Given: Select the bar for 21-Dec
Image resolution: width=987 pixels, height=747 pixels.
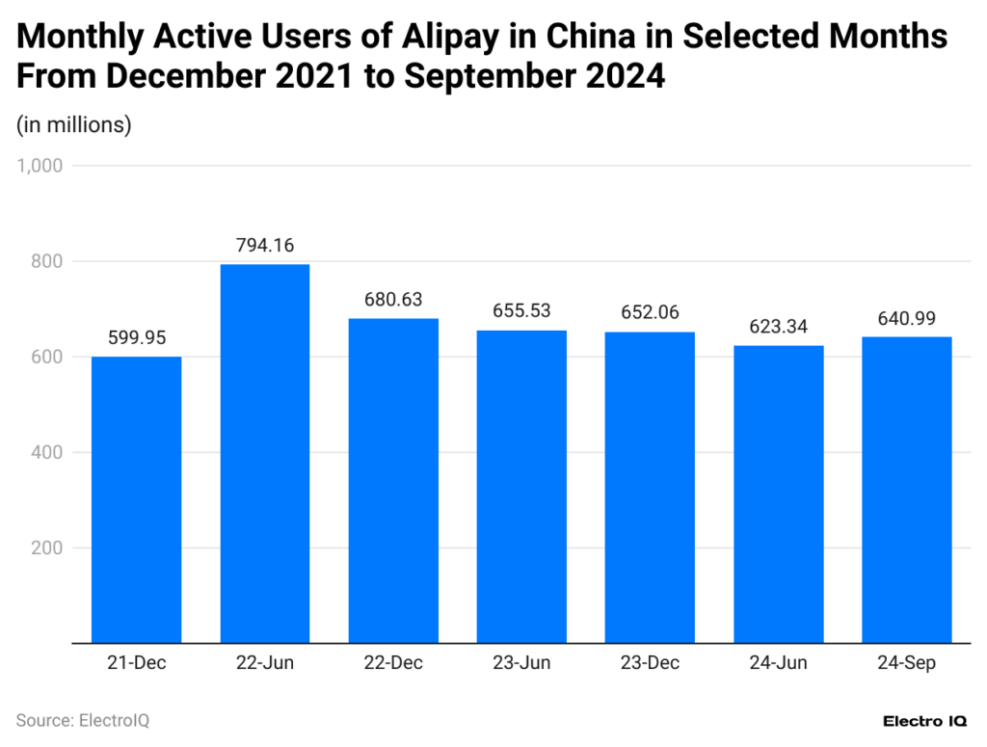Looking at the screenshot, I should pos(136,499).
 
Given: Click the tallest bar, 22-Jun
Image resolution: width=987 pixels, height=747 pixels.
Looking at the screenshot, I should pos(264,453).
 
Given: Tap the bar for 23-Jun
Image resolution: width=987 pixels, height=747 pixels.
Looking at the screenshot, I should pos(521,486).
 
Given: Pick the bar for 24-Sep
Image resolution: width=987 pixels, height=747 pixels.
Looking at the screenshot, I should pos(906,489).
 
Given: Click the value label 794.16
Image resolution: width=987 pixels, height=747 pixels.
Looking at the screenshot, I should pos(264,245).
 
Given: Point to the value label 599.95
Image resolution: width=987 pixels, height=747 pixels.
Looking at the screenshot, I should pos(136,338).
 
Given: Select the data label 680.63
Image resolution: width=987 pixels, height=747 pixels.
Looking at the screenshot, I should pos(393,300).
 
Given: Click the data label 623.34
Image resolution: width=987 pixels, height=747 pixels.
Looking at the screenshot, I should pos(778,327).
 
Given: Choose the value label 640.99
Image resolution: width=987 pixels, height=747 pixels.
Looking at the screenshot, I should pos(906,318).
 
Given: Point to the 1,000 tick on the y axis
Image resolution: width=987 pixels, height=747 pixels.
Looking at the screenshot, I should pos(40,166).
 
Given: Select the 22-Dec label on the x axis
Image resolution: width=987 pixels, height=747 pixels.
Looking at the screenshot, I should pos(393,663).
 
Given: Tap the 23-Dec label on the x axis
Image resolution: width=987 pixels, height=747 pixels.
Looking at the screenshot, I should pos(650,663).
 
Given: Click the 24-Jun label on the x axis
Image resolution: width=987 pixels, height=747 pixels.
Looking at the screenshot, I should pos(778,663).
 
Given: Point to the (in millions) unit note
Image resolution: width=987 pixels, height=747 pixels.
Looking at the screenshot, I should pos(74,124).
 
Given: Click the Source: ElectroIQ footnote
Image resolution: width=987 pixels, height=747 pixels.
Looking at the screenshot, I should pos(83,720).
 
